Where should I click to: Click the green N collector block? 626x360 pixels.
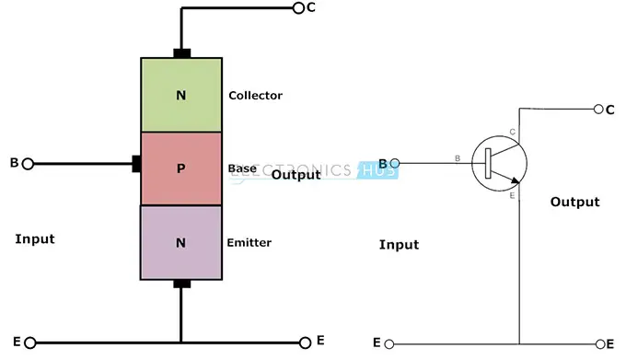181,95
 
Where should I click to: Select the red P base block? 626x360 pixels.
181,168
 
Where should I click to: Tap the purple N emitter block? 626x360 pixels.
181,242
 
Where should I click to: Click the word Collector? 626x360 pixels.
255,96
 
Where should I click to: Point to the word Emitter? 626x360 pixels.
249,243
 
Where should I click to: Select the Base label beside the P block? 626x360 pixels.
241,169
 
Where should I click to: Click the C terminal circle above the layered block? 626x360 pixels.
297,8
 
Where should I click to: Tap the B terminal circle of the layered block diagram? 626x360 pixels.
28,164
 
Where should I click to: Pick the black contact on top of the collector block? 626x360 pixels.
182,53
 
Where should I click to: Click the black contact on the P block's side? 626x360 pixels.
137,164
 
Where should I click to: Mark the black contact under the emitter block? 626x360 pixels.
182,284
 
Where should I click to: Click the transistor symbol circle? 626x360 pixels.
498,165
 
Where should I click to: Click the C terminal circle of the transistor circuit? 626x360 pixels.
598,109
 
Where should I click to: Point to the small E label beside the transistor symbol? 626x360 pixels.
512,195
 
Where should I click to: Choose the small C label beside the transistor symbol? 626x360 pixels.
512,133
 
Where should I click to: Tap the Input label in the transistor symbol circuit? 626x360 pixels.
399,245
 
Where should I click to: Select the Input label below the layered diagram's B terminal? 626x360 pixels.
35,238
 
